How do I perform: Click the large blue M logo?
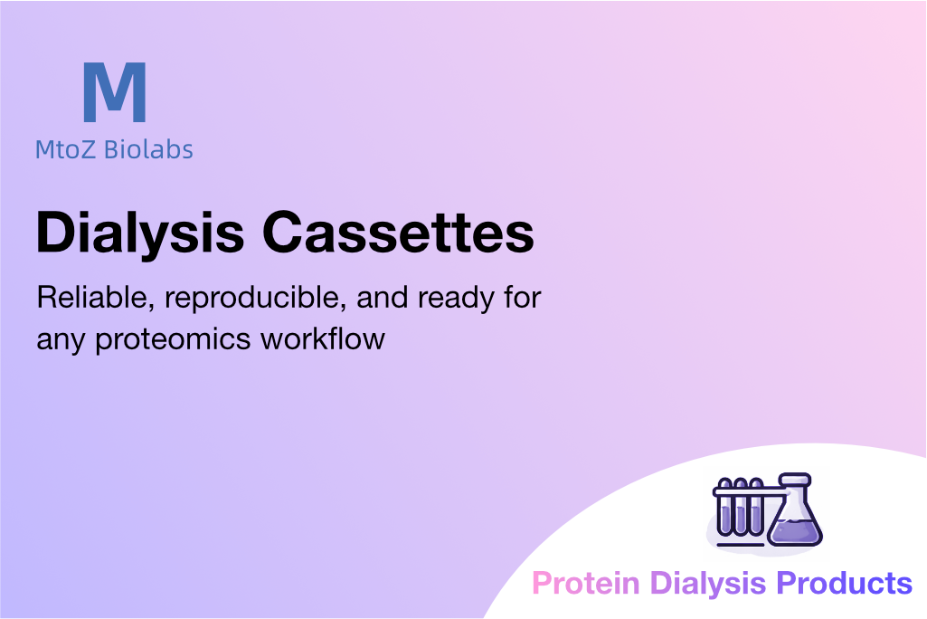pyautogui.click(x=115, y=92)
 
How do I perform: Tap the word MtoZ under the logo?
pyautogui.click(x=65, y=149)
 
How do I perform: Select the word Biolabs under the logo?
pyautogui.click(x=148, y=149)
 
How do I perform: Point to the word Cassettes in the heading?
pyautogui.click(x=399, y=233)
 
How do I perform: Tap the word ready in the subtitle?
pyautogui.click(x=455, y=299)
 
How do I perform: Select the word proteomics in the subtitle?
pyautogui.click(x=174, y=341)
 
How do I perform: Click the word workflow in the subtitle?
pyautogui.click(x=324, y=339)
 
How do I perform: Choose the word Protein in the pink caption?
pyautogui.click(x=586, y=584)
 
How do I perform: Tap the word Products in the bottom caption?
pyautogui.click(x=844, y=584)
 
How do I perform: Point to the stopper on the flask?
pyautogui.click(x=795, y=479)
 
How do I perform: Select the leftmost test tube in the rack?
pyautogui.click(x=725, y=508)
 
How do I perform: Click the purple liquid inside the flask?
pyautogui.click(x=795, y=531)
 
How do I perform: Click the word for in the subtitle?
pyautogui.click(x=522, y=298)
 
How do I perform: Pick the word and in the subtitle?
pyautogui.click(x=382, y=298)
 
